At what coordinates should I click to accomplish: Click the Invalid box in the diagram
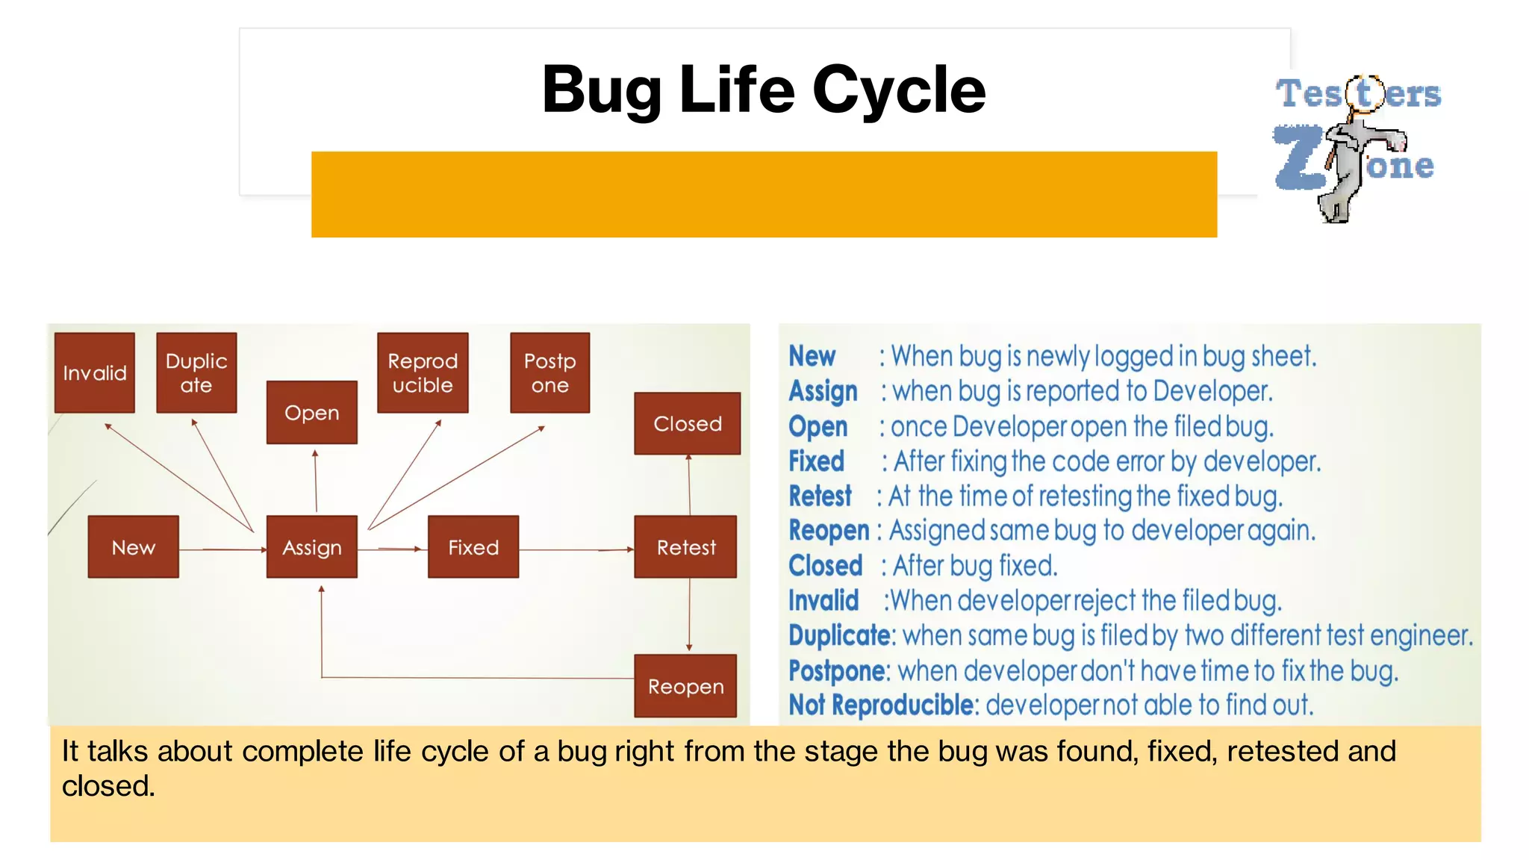click(x=95, y=373)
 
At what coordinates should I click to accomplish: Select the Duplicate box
click(x=196, y=373)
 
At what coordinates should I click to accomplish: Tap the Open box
click(x=312, y=413)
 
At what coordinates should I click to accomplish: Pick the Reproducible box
click(x=423, y=373)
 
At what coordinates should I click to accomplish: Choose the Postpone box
click(x=549, y=373)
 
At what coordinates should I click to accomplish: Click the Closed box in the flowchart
click(x=688, y=423)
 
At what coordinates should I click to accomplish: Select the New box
click(x=134, y=547)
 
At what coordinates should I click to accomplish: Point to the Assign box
click(x=312, y=547)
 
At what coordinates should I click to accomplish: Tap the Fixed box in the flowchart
click(x=473, y=547)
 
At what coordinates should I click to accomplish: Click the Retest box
click(x=686, y=547)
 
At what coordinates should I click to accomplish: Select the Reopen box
click(x=685, y=686)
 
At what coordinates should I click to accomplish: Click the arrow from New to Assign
click(x=222, y=549)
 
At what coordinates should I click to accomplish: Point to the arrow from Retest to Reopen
click(x=689, y=615)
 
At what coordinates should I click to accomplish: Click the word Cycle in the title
click(x=899, y=90)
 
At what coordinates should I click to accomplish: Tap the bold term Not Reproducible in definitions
click(x=882, y=705)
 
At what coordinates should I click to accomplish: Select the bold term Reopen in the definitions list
click(x=829, y=531)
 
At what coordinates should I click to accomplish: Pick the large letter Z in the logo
click(x=1298, y=158)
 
